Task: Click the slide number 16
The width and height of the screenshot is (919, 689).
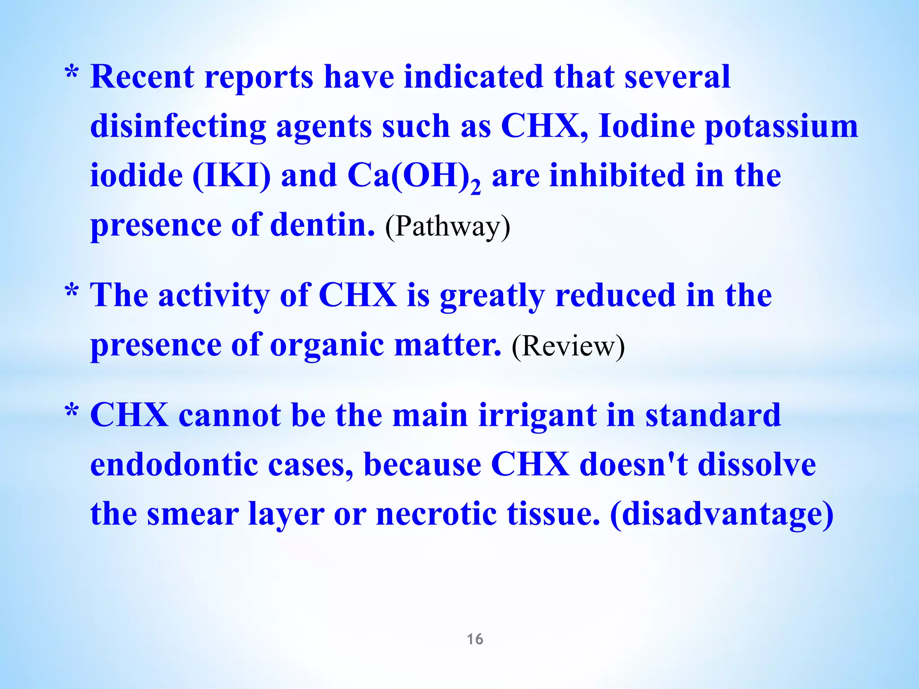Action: pos(475,639)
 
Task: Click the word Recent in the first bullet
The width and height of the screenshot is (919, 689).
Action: pos(142,77)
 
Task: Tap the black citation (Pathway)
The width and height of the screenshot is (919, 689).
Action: pos(447,227)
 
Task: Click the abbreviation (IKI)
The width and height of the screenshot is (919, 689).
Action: pos(232,176)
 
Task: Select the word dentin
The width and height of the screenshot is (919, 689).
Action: pos(323,225)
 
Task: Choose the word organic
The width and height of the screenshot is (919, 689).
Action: pos(327,346)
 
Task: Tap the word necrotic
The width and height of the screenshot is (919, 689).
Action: pos(436,514)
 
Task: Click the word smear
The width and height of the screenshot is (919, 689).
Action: pos(193,515)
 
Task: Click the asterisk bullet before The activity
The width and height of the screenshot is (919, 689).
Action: pos(72,291)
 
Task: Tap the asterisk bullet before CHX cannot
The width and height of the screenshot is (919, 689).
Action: pos(72,411)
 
